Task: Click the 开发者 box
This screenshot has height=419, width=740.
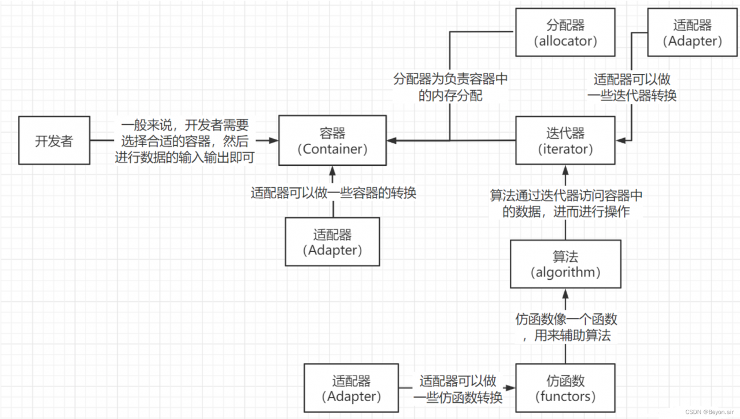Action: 54,140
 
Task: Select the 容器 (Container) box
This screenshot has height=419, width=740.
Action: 332,140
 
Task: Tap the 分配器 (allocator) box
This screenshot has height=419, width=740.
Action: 565,33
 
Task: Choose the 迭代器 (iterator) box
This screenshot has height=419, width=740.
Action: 565,140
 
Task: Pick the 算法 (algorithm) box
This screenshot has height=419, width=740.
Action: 565,264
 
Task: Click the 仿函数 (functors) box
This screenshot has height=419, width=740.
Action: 565,388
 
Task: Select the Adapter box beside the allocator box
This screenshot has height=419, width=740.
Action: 692,33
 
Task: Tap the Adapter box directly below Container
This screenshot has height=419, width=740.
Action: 332,242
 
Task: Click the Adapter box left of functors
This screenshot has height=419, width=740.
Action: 351,388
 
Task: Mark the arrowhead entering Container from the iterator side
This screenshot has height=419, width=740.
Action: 392,140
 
